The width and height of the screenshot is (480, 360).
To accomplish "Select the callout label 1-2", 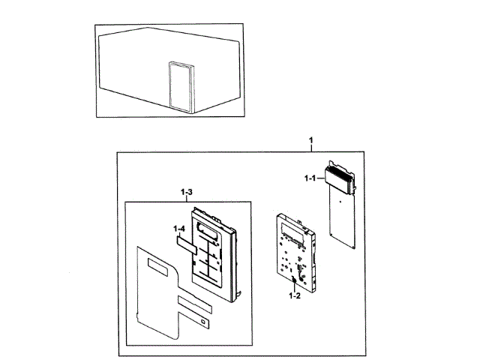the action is pyautogui.click(x=293, y=297).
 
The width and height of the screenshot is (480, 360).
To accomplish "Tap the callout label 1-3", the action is pyautogui.click(x=187, y=193).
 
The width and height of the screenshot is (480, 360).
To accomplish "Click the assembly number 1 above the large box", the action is pyautogui.click(x=312, y=142).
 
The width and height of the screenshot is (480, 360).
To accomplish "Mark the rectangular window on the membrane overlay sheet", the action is pyautogui.click(x=160, y=265).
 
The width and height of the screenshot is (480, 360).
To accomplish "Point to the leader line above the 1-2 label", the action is pyautogui.click(x=293, y=289).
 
